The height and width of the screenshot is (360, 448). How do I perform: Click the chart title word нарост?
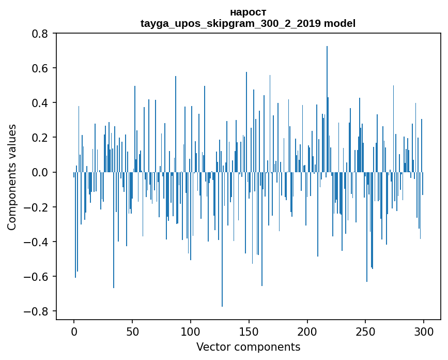coord(248,12)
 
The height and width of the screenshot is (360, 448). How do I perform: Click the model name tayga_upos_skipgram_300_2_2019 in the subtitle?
coord(231,23)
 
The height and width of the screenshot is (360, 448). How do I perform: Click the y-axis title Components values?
coord(12,177)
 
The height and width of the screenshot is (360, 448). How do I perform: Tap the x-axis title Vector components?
coord(248,347)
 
